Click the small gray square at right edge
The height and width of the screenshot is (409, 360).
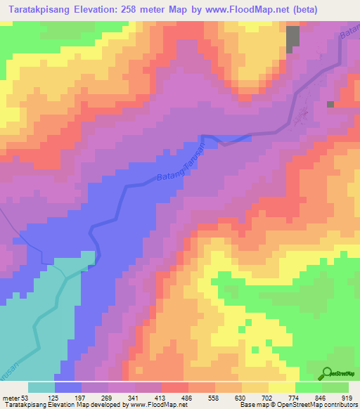click(330, 104)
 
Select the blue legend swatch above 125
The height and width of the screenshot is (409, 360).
click(68, 387)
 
